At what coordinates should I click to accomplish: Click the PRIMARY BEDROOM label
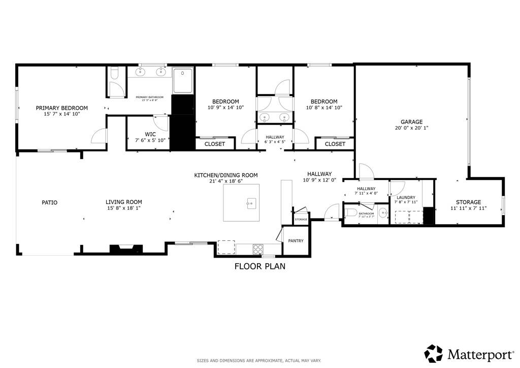[61, 108]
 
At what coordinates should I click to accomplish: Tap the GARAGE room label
[411, 122]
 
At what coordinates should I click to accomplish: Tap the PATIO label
[49, 202]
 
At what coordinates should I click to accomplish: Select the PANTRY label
[296, 241]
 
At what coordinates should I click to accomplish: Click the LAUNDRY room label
[406, 197]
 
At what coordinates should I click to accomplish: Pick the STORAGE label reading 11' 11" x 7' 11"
[468, 208]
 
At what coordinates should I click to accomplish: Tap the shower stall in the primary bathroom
[183, 81]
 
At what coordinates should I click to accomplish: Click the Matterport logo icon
[433, 353]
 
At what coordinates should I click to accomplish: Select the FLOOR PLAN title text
[259, 266]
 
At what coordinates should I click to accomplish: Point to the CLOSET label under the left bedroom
[214, 144]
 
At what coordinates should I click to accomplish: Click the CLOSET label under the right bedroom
[335, 144]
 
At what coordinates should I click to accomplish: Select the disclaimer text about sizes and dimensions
[259, 360]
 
